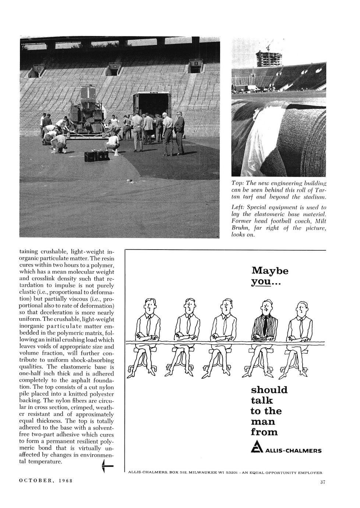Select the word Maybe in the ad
point(270,271)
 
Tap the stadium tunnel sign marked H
point(115,66)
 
